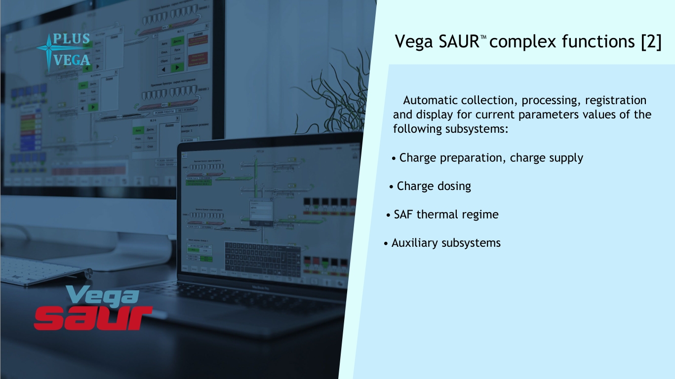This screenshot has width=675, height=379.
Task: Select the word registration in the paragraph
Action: tap(615, 101)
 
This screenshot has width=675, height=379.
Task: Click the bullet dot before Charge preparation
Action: tap(394, 159)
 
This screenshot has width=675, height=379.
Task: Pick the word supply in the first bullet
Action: tap(566, 158)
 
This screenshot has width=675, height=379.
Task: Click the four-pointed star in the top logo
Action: tap(48, 49)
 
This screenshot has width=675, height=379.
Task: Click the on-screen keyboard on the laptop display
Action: tap(263, 259)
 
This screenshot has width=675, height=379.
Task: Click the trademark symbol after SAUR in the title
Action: tap(484, 38)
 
